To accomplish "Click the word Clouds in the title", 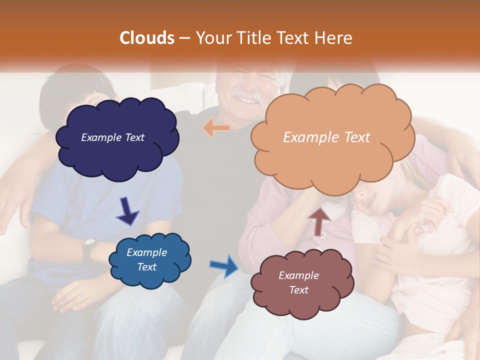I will coord(147,38).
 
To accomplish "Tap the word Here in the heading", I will coord(335,38).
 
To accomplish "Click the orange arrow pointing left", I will coord(216,128).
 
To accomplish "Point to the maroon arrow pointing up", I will coord(319,221).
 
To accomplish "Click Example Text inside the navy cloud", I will coord(112,137).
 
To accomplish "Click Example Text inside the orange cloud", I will coord(326,137).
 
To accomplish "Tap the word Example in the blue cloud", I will coord(146,252).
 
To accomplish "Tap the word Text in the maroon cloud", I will coord(299,290).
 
